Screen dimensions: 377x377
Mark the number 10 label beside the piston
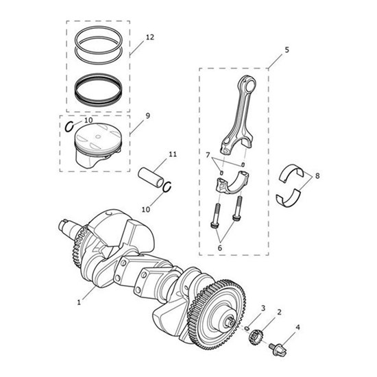click(88, 120)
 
